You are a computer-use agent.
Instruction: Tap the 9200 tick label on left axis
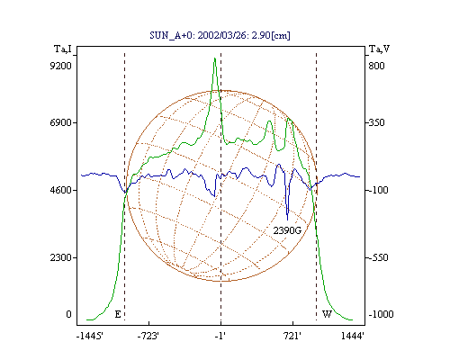pos(60,66)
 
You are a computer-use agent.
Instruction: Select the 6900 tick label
pos(60,122)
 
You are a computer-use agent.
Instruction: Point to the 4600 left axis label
pos(60,190)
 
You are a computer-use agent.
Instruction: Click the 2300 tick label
pos(60,257)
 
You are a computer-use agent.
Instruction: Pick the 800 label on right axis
pos(376,66)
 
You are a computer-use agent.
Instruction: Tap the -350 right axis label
pos(376,122)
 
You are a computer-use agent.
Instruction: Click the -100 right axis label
pos(378,190)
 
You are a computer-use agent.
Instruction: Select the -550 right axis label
pos(378,257)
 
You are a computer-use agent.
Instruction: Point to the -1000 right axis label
pos(381,314)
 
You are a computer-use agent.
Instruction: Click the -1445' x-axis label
pos(90,336)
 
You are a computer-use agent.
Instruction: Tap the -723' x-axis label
pos(148,336)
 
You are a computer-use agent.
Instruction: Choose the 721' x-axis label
pos(292,336)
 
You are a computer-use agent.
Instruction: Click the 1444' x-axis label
pos(353,336)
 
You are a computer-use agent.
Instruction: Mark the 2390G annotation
pos(287,230)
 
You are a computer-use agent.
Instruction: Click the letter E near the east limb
pos(118,314)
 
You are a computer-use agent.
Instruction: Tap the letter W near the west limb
pos(327,314)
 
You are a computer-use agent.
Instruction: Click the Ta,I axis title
pos(63,49)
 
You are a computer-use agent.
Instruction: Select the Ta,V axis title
pos(380,49)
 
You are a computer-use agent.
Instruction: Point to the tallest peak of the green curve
pos(215,58)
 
